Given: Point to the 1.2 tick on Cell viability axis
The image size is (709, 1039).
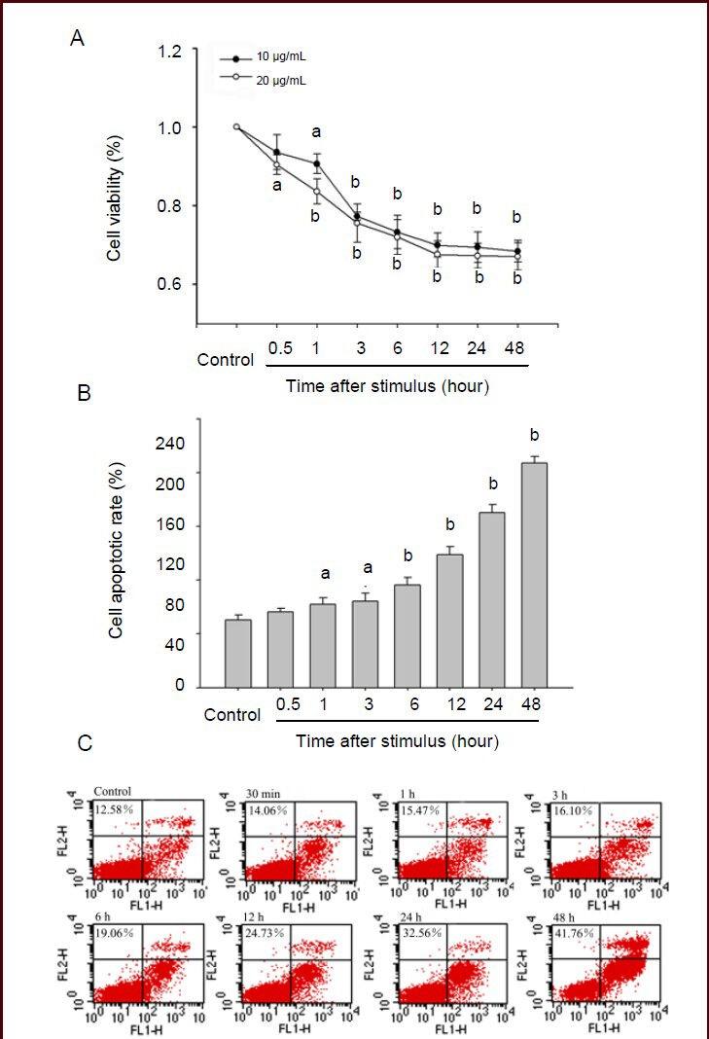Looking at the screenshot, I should click(171, 51).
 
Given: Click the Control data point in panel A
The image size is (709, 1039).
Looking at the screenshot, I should click(236, 126).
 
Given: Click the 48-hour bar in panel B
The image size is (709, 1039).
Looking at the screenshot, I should click(534, 574).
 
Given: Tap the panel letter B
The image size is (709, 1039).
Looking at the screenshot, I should click(84, 395).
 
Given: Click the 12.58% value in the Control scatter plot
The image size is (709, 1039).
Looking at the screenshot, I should click(116, 809).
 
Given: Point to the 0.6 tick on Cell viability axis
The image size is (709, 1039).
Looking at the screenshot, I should click(171, 284).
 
